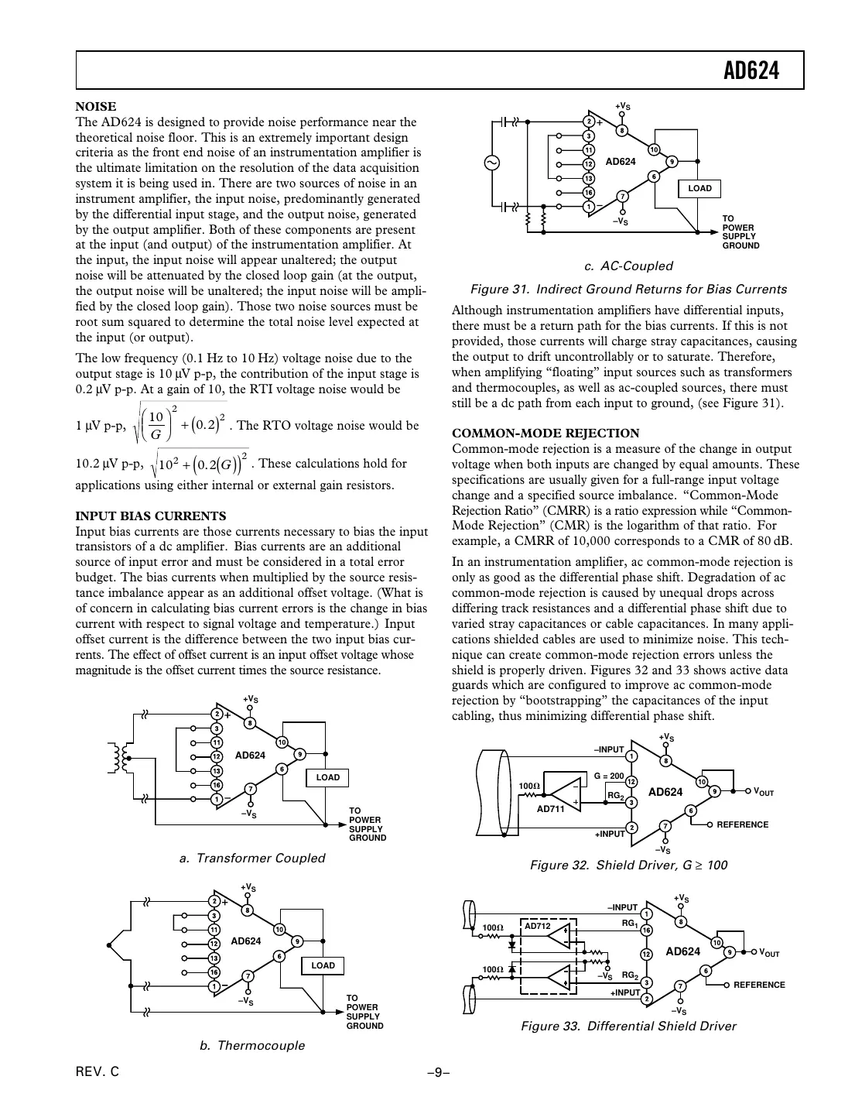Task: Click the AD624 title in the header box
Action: (751, 71)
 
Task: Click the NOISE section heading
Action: (96, 107)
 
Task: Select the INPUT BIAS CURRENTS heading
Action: (151, 516)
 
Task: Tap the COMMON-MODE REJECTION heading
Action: (545, 434)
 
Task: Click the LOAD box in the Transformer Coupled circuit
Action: (327, 777)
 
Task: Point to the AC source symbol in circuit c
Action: (491, 163)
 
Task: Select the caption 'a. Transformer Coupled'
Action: (251, 858)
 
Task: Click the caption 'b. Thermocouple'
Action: (252, 1046)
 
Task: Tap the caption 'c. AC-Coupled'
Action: (628, 266)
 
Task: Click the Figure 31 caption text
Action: (628, 290)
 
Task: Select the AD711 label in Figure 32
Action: (550, 808)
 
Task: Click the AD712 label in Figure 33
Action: (537, 926)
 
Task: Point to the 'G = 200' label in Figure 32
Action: (608, 776)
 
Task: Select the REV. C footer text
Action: (97, 1073)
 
